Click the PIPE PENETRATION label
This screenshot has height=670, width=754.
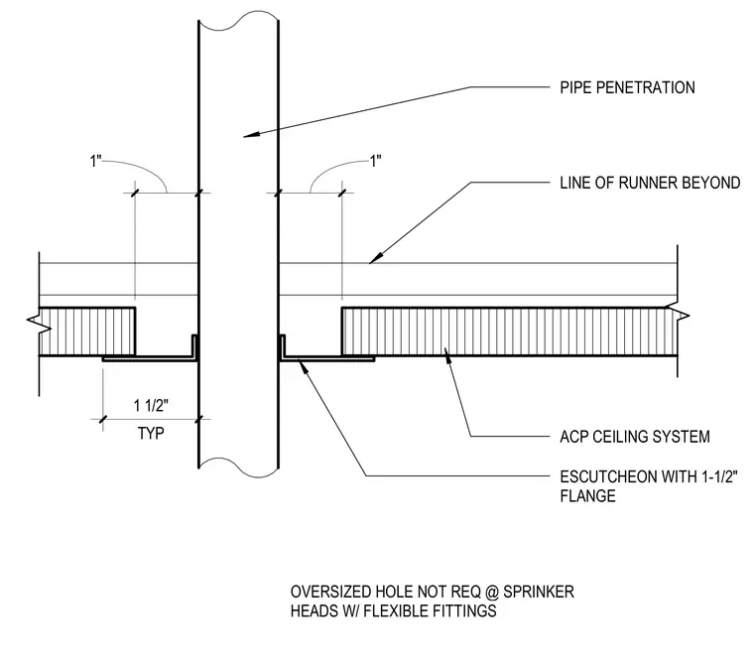[627, 87]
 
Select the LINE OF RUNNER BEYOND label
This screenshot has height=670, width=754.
[650, 183]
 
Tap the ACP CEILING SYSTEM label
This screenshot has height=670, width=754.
[635, 437]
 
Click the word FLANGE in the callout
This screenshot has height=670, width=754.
[587, 496]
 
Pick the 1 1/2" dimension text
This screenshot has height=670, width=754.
[151, 405]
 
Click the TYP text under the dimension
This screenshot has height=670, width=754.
[151, 434]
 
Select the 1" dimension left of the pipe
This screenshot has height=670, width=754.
[95, 161]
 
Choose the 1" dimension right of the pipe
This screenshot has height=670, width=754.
[376, 161]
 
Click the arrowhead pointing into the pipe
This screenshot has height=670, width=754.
[250, 135]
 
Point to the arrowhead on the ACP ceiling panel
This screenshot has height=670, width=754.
[447, 353]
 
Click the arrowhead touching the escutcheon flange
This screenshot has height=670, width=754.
[302, 365]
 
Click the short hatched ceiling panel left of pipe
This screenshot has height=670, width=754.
[87, 332]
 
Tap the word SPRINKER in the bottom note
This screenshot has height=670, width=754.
[539, 592]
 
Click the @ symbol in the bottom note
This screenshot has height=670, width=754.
[491, 593]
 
